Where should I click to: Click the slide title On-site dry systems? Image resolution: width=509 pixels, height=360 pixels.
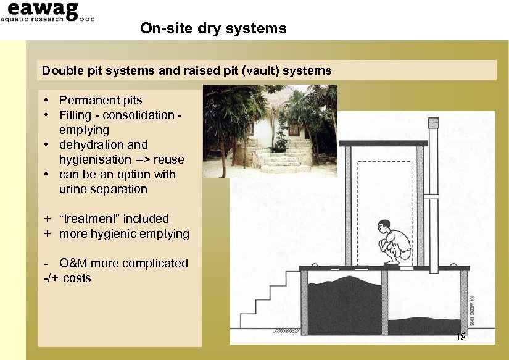pyautogui.click(x=213, y=28)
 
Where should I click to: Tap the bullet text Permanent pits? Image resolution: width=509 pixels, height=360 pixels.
pyautogui.click(x=101, y=100)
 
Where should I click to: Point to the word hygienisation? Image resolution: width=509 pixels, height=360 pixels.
pyautogui.click(x=91, y=159)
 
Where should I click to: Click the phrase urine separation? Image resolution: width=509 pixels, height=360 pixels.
pyautogui.click(x=103, y=189)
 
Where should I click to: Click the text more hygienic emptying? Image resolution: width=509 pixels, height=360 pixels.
pyautogui.click(x=124, y=233)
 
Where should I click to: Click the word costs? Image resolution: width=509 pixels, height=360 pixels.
pyautogui.click(x=77, y=278)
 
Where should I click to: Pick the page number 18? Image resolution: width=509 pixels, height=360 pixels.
pyautogui.click(x=460, y=337)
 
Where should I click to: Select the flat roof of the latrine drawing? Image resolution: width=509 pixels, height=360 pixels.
pyautogui.click(x=383, y=143)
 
